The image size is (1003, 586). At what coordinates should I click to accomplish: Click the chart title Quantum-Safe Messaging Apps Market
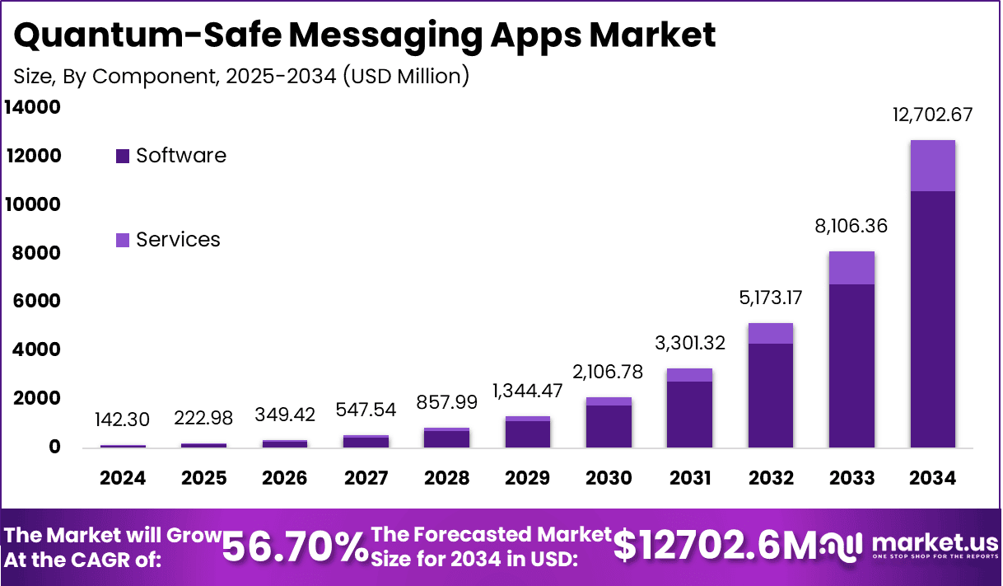(x=365, y=35)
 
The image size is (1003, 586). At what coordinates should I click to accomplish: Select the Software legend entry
(x=170, y=155)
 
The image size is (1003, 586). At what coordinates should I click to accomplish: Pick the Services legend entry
(x=168, y=240)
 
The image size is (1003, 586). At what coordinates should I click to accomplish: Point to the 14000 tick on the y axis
(x=32, y=107)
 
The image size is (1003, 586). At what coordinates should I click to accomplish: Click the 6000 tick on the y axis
(x=35, y=302)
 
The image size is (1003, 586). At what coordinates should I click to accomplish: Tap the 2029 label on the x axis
(x=528, y=479)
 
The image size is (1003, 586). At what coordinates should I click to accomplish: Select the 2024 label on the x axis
(x=123, y=479)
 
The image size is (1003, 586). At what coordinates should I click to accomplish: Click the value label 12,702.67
(x=933, y=115)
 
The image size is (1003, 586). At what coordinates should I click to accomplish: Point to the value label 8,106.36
(x=851, y=225)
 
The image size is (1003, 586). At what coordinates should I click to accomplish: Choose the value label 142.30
(x=123, y=419)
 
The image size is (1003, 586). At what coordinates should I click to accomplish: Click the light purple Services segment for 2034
(x=932, y=166)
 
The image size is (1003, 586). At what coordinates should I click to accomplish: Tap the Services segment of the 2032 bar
(x=771, y=333)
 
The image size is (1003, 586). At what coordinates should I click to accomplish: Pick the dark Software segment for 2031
(x=690, y=414)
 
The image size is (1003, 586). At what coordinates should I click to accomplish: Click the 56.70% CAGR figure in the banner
(x=295, y=546)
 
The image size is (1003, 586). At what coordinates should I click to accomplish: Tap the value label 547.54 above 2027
(x=366, y=409)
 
